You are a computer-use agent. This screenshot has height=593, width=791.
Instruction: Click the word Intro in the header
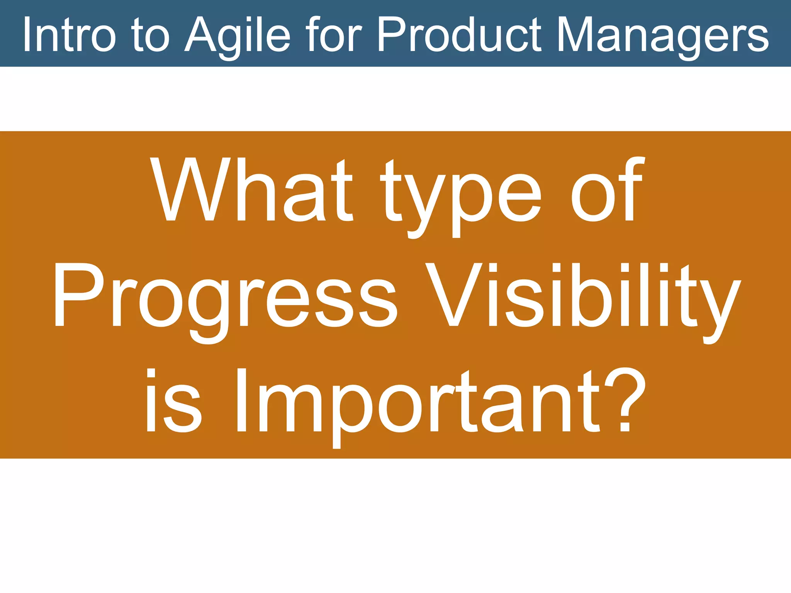(x=70, y=35)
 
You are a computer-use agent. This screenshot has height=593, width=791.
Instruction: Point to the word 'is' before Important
(x=173, y=402)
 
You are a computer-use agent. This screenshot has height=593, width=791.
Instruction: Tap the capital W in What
(x=190, y=189)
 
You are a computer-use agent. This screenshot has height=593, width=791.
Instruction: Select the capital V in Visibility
(x=454, y=295)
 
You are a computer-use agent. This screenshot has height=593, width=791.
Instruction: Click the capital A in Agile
(x=201, y=35)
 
